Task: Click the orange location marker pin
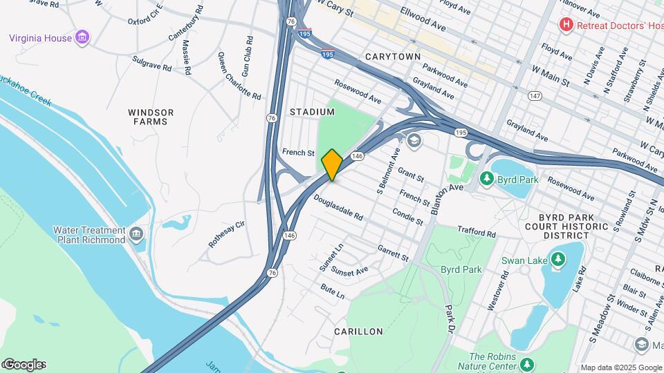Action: (x=332, y=165)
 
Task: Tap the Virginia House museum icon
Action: (x=82, y=37)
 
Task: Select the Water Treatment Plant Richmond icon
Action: (x=136, y=235)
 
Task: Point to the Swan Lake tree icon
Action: (x=557, y=260)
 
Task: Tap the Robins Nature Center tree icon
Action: (x=527, y=364)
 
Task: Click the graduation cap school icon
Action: (x=414, y=141)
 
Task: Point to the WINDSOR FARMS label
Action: (x=151, y=117)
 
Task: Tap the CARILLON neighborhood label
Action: (x=358, y=332)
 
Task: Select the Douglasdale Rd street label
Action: (x=338, y=207)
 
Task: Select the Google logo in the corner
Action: (x=24, y=364)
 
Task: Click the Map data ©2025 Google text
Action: (x=620, y=367)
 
